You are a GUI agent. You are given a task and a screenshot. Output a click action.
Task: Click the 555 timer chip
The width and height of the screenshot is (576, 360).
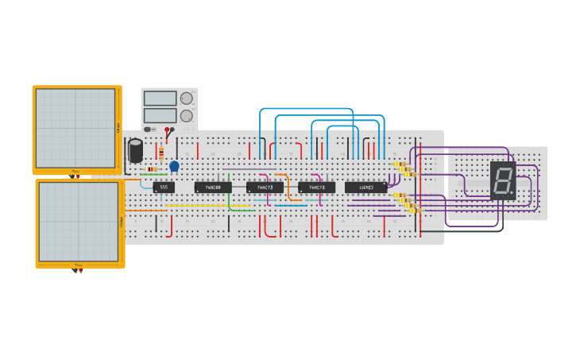(164, 188)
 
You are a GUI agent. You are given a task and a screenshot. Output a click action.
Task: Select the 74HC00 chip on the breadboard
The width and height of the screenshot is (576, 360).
(213, 188)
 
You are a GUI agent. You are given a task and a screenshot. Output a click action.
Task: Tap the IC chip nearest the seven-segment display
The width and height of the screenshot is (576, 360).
(365, 188)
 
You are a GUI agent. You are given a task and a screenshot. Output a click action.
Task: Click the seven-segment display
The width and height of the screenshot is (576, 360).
(503, 180)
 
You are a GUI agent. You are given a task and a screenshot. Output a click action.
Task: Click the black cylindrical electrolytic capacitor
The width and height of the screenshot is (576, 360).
(136, 150)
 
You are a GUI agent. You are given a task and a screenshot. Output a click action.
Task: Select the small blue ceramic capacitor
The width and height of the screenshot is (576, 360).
(174, 166)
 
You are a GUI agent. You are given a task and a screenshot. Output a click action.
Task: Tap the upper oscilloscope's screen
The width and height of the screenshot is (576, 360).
(75, 127)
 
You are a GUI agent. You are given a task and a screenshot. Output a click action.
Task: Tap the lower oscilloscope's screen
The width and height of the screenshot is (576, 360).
(79, 221)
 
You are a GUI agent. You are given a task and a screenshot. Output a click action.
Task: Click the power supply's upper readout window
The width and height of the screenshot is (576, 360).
(160, 99)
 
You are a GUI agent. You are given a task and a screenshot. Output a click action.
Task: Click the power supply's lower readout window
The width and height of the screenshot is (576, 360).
(160, 116)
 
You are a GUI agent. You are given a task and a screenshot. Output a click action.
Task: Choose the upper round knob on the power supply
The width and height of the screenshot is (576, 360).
(187, 99)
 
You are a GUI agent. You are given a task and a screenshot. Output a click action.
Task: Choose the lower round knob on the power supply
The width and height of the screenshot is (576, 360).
(187, 116)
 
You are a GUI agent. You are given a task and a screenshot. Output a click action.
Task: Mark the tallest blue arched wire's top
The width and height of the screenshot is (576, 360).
(306, 109)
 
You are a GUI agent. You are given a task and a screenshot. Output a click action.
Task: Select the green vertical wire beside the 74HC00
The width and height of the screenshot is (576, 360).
(229, 191)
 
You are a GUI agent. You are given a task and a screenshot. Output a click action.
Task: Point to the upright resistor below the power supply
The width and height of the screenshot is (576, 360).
(161, 153)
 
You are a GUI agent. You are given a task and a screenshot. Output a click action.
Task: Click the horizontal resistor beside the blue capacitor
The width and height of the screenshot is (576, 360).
(152, 169)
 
